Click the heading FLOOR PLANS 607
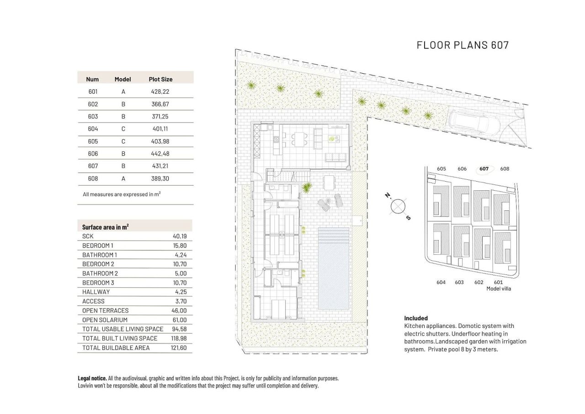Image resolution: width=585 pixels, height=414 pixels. coord(463,45)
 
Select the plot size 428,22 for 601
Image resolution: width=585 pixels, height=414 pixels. coord(160,91)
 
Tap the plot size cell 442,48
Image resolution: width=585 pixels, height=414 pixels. coord(160,154)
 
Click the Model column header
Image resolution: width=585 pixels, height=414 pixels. coord(122,79)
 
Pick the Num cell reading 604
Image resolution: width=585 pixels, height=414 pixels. coord(93,129)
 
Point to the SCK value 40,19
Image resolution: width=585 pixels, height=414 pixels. coord(180,236)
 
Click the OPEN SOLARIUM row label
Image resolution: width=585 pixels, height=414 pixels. coord(105,320)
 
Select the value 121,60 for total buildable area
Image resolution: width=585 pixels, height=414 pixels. coord(179,348)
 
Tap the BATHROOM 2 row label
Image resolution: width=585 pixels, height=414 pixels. coord(100,273)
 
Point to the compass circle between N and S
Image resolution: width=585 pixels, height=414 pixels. coord(398,206)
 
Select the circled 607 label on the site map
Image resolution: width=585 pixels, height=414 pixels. coord(484,169)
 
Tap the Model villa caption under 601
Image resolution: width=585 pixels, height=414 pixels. coord(499,289)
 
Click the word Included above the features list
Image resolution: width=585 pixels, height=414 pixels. coord(416,318)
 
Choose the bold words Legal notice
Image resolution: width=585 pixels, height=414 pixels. coord(92,378)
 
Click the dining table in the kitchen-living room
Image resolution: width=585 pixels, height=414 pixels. coord(300,139)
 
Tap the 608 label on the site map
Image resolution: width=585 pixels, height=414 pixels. coord(505,169)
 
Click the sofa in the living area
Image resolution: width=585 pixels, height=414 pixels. coord(335,157)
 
